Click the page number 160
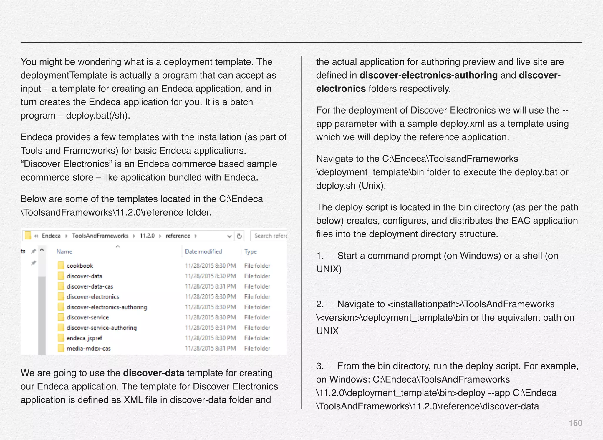click(x=575, y=423)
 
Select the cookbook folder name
click(x=79, y=266)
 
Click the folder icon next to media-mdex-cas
click(x=61, y=348)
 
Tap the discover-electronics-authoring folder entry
click(x=107, y=307)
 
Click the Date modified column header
click(x=203, y=251)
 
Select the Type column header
click(x=250, y=251)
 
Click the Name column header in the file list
click(x=64, y=251)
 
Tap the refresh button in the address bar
click(x=239, y=236)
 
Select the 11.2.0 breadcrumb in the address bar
click(x=147, y=236)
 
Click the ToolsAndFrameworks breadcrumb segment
click(x=100, y=236)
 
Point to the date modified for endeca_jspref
click(x=210, y=338)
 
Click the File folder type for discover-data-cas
click(x=257, y=286)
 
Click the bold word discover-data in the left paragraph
click(x=153, y=373)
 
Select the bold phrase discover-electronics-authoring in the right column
click(x=428, y=75)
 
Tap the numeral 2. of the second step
click(x=320, y=304)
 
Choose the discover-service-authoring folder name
click(x=102, y=328)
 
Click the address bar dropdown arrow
click(x=229, y=236)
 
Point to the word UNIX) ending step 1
click(x=329, y=269)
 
